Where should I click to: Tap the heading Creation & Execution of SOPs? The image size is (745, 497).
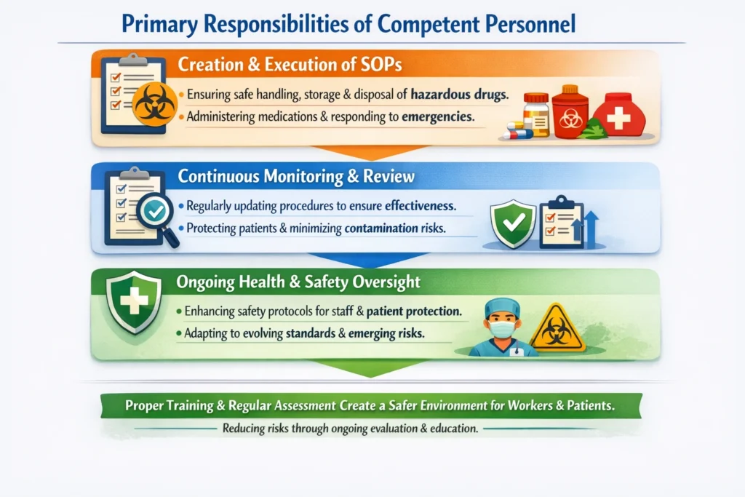(x=290, y=64)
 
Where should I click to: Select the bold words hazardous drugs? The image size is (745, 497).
(x=459, y=94)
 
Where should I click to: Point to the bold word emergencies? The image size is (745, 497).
(x=437, y=117)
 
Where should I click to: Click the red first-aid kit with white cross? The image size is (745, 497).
(x=618, y=115)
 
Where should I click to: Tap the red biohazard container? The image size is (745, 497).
(x=570, y=112)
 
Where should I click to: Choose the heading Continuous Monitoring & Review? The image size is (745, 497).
(x=296, y=176)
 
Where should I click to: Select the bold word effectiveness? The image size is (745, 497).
(x=420, y=206)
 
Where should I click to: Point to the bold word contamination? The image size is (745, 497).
(x=381, y=228)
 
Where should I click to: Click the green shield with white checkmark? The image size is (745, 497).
(x=513, y=223)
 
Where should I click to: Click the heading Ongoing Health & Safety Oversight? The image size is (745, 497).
(x=298, y=282)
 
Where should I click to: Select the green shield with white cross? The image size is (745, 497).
(x=134, y=302)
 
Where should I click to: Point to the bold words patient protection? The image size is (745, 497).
(x=414, y=311)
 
